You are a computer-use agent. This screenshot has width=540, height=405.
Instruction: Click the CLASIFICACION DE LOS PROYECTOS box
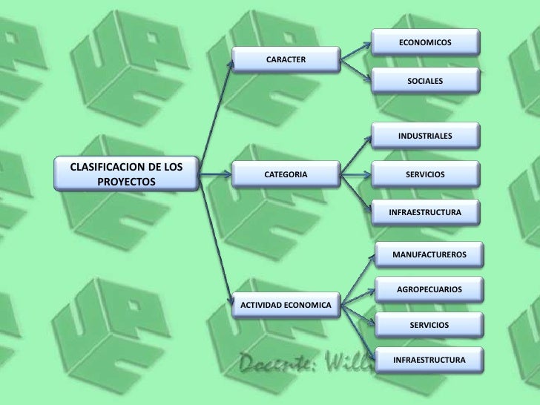[x=125, y=173]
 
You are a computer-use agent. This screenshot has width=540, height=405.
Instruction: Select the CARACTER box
[x=286, y=59]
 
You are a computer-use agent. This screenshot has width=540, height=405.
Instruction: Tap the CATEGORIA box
[x=286, y=174]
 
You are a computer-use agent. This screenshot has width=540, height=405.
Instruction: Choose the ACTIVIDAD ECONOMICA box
[x=286, y=304]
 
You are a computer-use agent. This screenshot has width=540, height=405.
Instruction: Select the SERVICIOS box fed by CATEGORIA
[x=425, y=174]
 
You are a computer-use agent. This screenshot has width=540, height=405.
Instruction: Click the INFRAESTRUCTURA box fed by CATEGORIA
[x=425, y=212]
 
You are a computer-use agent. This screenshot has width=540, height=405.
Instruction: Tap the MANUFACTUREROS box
[x=429, y=254]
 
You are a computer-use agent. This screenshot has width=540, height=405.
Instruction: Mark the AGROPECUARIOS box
[x=429, y=289]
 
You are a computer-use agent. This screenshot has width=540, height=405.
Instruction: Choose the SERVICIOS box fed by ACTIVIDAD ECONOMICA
[x=429, y=325]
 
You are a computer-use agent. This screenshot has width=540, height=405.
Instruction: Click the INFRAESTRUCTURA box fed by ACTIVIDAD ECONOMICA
[x=429, y=360]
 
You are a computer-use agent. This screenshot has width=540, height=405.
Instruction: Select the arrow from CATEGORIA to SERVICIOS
[x=358, y=175]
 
